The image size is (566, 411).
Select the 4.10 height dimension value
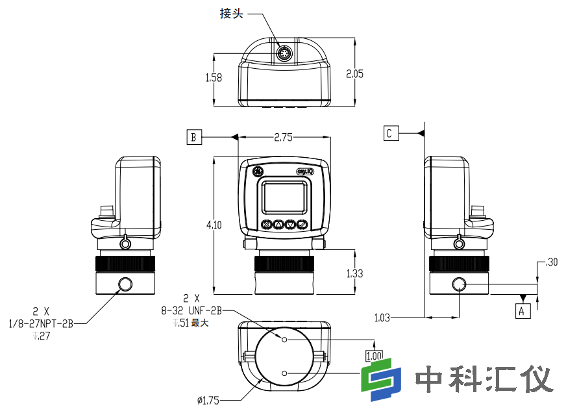click(214, 225)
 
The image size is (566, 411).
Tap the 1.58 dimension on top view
click(214, 77)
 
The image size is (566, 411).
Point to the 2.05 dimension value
click(354, 74)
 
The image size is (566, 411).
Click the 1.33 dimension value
click(354, 273)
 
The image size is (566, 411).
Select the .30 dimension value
click(552, 262)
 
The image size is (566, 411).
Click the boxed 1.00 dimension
click(374, 356)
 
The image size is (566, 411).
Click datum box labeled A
click(523, 311)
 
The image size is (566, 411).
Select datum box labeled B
click(193, 137)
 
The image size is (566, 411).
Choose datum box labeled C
click(389, 133)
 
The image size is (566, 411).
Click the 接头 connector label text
click(231, 14)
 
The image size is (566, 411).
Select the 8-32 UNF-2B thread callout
click(191, 311)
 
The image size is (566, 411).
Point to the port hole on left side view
click(125, 284)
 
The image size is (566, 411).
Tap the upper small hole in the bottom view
click(284, 339)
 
